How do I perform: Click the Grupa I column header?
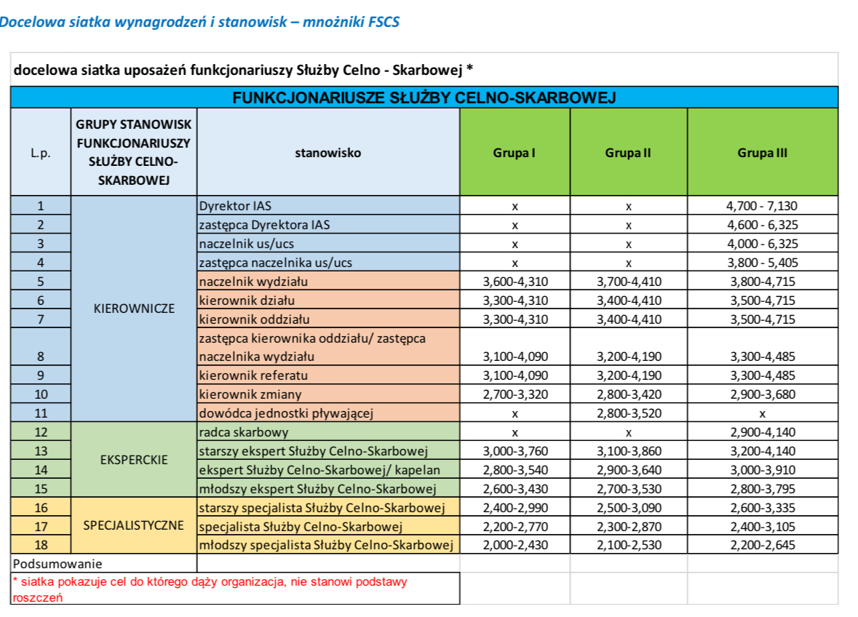515,154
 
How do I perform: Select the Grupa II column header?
627,154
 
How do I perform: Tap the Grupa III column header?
762,154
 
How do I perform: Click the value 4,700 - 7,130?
762,206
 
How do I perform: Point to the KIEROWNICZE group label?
135,308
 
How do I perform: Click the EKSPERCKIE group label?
135,460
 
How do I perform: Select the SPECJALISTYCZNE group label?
134,525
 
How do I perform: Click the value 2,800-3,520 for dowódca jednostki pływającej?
628,414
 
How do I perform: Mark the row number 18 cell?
41,544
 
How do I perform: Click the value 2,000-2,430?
515,545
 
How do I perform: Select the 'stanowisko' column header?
327,154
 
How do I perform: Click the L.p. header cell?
41,154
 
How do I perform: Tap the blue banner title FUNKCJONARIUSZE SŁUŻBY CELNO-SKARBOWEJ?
424,97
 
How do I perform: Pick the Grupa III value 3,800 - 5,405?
762,263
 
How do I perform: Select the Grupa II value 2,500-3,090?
628,507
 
